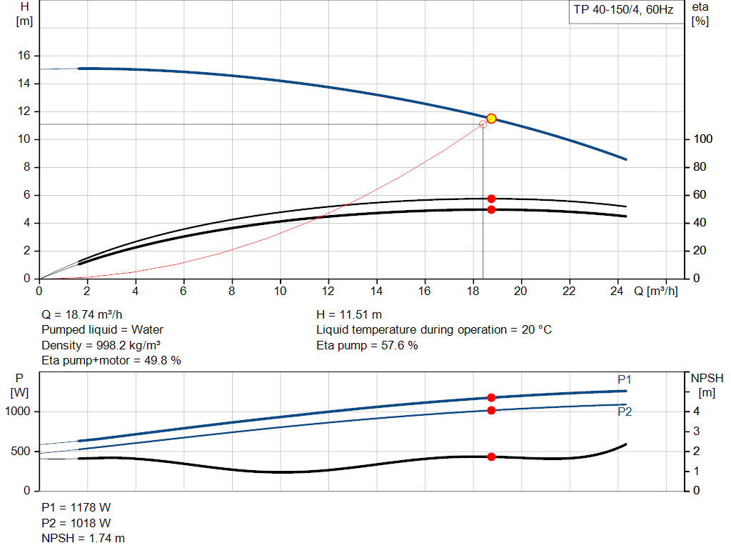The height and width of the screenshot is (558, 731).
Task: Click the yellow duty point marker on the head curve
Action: pos(491,119)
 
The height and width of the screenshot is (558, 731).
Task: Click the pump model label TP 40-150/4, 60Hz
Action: pos(622,11)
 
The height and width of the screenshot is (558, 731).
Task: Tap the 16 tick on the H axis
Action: pos(24,56)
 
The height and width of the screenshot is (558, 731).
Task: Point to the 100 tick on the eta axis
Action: pos(702,139)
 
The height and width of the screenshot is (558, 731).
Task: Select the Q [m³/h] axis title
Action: pos(655,292)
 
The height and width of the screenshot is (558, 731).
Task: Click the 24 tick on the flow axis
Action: pos(617,292)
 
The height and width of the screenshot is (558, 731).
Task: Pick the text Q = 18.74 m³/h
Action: pos(87,314)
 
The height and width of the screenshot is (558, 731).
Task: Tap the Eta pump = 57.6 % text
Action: pos(367,345)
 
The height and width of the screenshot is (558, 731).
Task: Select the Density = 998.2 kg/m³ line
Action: pos(101,345)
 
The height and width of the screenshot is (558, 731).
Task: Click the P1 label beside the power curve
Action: pos(625,379)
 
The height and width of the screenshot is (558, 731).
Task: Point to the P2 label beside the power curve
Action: pos(625,412)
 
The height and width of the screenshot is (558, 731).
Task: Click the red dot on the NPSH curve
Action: pos(491,457)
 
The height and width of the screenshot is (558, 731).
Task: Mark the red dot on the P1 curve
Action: pos(491,398)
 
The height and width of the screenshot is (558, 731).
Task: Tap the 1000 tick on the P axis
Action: pos(19,412)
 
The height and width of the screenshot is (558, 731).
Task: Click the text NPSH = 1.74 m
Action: pos(84,538)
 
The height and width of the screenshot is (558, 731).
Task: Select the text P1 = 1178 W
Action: pos(76,507)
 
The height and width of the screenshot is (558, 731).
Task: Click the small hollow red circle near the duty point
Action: pos(483,124)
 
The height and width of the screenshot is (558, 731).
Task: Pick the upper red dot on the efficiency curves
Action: pos(491,199)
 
